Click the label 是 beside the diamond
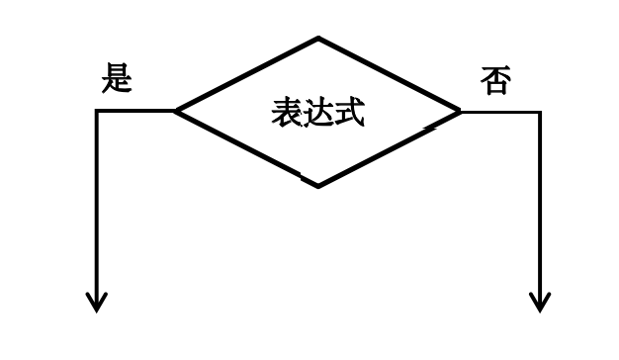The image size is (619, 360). coord(117,78)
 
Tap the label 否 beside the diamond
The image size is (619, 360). coord(495,80)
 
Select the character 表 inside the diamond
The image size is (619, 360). coord(287,113)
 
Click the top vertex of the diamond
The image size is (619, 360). coord(318,39)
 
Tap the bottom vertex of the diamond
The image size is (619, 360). coord(317,186)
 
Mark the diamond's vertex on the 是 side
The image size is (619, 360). coord(176,111)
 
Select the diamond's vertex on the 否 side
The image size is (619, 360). coord(460,112)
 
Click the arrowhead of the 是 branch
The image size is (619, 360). coord(97,303)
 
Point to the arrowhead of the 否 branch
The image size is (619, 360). coord(540,303)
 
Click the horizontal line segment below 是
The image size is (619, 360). coord(135,111)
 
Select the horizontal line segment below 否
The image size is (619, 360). coord(500,112)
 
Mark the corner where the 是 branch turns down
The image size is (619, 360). coord(97,111)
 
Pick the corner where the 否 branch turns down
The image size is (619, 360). coord(540,112)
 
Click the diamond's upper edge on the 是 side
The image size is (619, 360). coord(247,74)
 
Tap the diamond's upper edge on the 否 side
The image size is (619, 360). coord(390,75)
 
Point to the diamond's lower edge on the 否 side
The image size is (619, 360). coord(390,148)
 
